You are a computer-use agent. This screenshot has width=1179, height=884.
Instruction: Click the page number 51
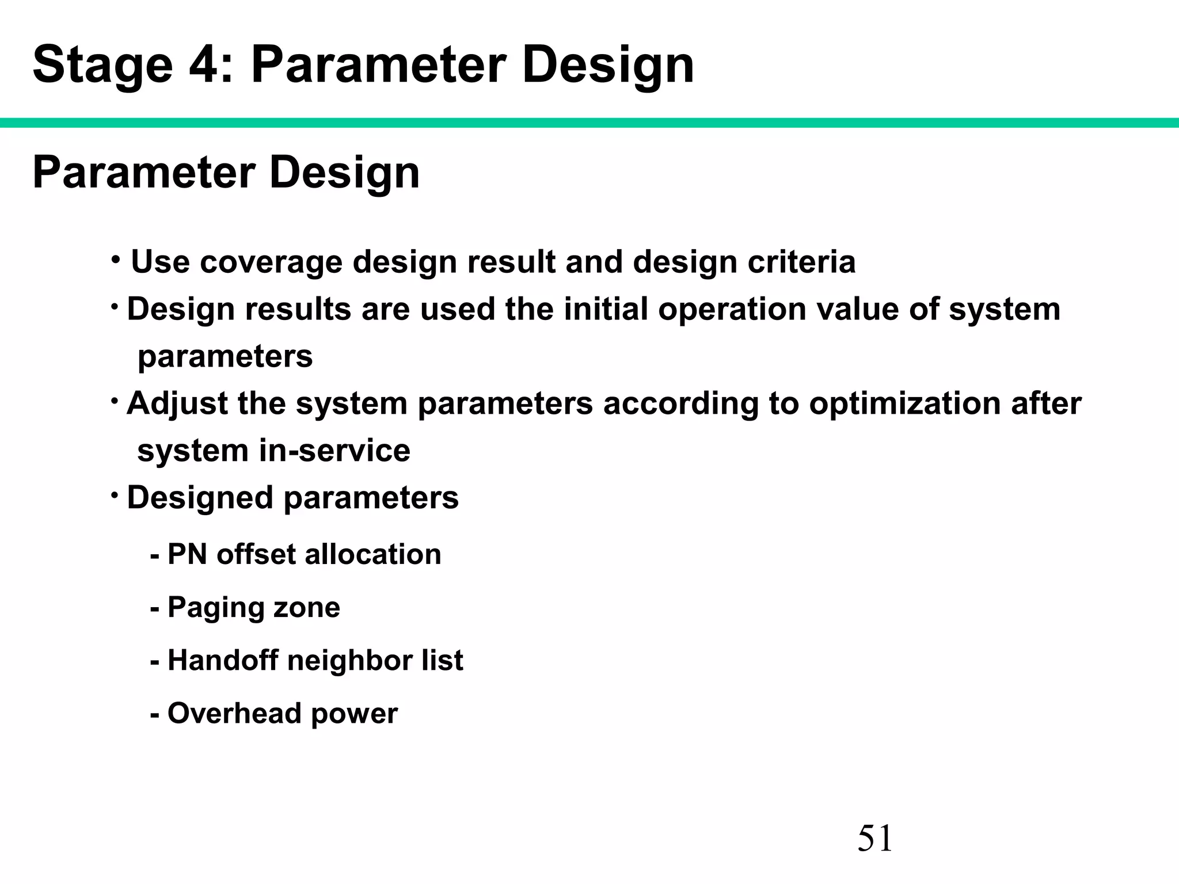[874, 838]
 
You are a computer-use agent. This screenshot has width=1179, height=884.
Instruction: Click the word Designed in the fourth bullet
[199, 498]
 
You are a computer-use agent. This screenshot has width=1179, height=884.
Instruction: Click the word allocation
[372, 555]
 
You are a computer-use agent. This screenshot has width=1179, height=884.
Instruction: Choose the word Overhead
[234, 714]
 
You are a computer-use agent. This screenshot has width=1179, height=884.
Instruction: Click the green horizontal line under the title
[589, 123]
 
